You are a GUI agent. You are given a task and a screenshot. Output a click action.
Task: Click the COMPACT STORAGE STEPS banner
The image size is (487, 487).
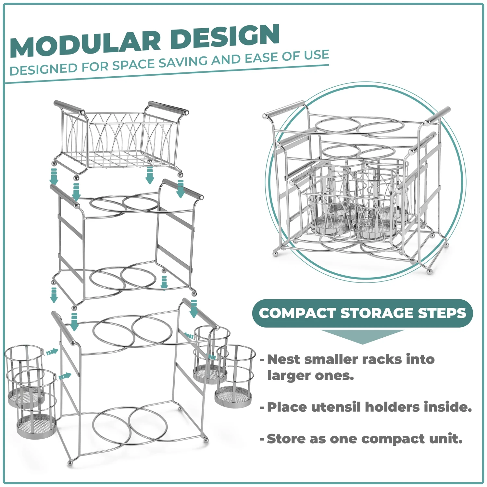(362, 313)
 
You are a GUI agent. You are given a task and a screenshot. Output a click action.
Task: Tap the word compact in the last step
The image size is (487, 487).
(393, 439)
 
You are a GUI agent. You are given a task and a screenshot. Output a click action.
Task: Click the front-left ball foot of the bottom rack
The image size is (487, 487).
(69, 463)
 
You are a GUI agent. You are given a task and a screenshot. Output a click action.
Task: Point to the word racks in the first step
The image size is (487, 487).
(381, 359)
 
